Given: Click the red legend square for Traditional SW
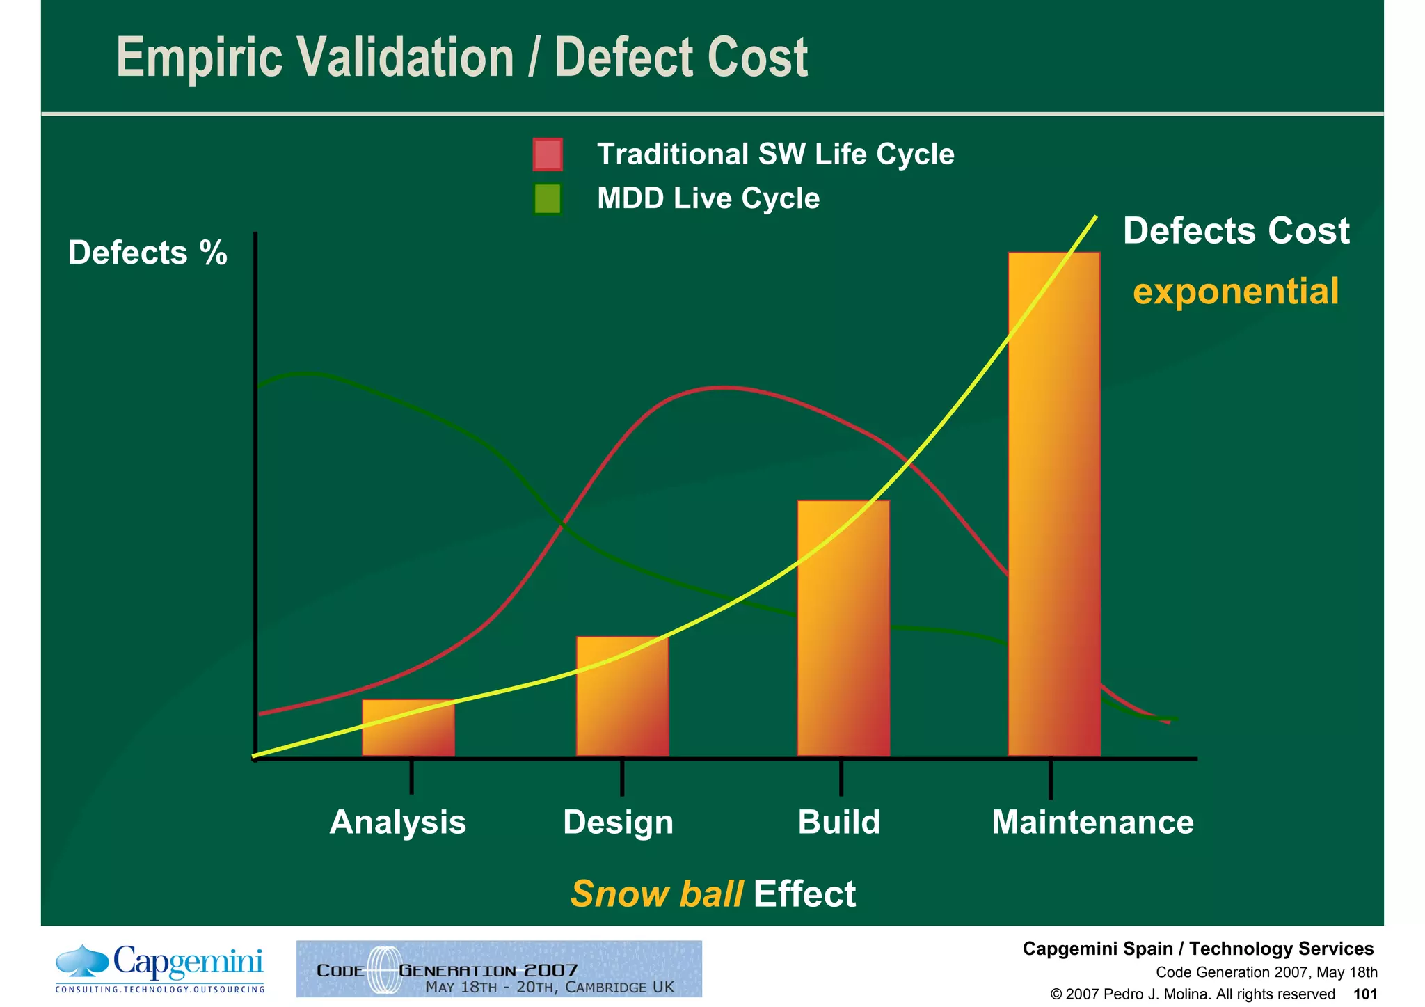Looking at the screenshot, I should click(x=548, y=154).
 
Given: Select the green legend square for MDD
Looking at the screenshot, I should click(x=548, y=199).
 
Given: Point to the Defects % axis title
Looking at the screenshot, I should click(x=148, y=253).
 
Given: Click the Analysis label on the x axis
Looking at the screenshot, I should click(x=397, y=822).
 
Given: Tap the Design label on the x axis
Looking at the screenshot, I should click(x=618, y=822).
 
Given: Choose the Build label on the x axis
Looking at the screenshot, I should click(x=839, y=822).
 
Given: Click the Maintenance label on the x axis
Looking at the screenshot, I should click(x=1092, y=822).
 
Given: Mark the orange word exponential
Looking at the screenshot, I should click(x=1236, y=291).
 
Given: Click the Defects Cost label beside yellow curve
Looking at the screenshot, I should click(x=1236, y=231).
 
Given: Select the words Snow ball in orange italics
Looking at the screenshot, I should click(x=657, y=894).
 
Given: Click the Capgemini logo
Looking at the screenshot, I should click(x=160, y=968).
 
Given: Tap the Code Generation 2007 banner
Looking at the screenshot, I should click(x=499, y=969).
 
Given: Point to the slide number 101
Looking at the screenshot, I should click(x=1364, y=994).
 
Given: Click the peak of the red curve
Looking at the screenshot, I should click(x=724, y=387).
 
